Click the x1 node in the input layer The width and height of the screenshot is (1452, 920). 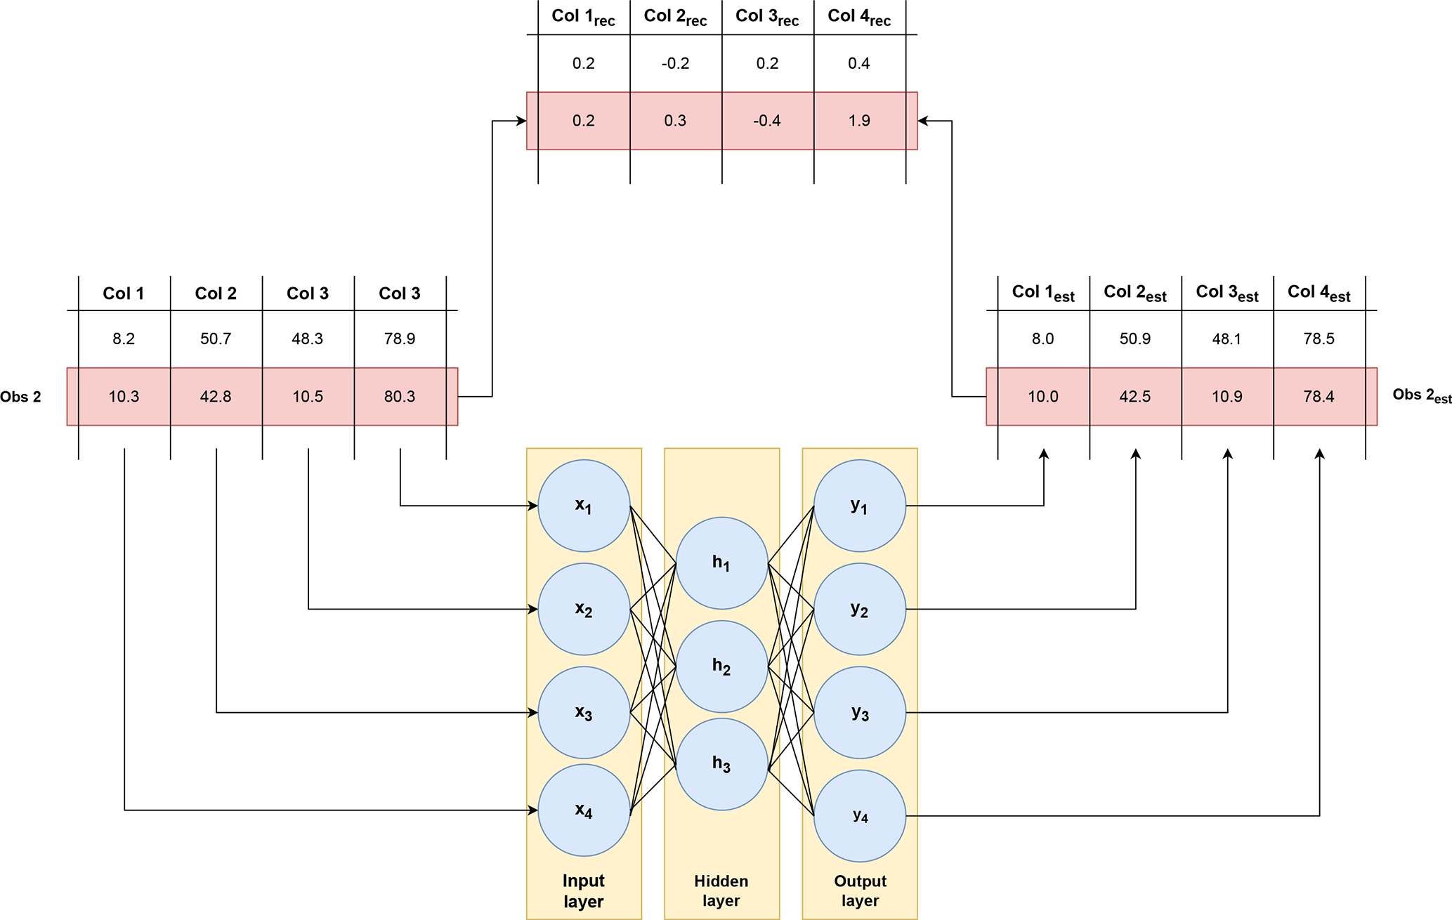pos(584,506)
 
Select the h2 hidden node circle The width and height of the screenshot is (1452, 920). pos(721,666)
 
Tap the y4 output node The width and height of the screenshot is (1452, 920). pos(860,815)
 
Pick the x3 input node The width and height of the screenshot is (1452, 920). pos(584,712)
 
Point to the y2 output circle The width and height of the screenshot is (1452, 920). pos(860,609)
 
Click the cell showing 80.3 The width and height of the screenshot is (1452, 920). pos(400,397)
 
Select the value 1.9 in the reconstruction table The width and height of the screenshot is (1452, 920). pos(859,121)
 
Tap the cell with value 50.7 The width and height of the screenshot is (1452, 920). pos(216,339)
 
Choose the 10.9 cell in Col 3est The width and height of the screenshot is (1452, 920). pos(1227,397)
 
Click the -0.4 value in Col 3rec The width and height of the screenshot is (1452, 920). pos(767,121)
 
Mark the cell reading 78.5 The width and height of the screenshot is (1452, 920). pos(1319,339)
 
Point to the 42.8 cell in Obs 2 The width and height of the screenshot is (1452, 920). pos(216,397)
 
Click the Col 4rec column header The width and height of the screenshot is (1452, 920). pos(859,17)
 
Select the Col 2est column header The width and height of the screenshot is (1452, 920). pos(1135,293)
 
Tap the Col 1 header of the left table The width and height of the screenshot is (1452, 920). pos(124,294)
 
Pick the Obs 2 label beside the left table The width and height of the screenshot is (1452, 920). pos(20,397)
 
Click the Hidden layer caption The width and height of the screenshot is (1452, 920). pos(721,891)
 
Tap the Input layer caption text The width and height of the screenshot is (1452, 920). pos(584,891)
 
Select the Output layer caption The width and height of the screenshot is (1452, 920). pos(860,891)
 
